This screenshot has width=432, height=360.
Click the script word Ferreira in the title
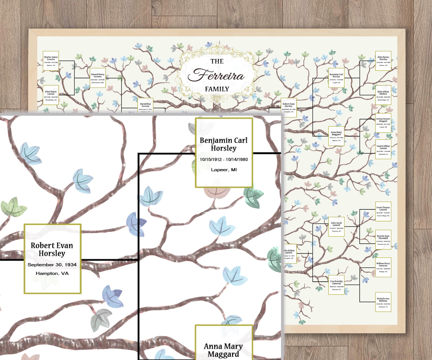217,75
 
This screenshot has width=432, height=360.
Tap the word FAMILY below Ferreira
217,89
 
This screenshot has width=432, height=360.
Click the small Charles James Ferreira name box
51,61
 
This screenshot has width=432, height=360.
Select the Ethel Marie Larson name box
51,95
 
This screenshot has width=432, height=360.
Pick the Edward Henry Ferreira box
98,78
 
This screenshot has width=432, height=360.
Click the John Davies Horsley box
383,61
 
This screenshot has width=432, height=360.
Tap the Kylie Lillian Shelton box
383,95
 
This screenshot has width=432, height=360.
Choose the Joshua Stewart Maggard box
383,123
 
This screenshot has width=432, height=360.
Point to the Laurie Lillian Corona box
383,150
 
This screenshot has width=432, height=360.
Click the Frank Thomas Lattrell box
383,211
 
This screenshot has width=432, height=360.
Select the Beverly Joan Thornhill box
383,240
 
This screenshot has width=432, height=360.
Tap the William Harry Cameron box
383,267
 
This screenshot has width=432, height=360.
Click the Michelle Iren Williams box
383,302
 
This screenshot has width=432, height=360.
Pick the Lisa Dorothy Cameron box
337,285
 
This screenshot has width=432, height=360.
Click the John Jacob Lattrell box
337,226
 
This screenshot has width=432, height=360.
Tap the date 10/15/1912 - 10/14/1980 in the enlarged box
224,160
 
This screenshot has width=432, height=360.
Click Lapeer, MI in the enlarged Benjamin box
224,170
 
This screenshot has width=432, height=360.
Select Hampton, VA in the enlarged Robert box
52,273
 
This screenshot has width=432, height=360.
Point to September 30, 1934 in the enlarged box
52,265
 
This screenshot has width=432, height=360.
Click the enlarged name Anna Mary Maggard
223,350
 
